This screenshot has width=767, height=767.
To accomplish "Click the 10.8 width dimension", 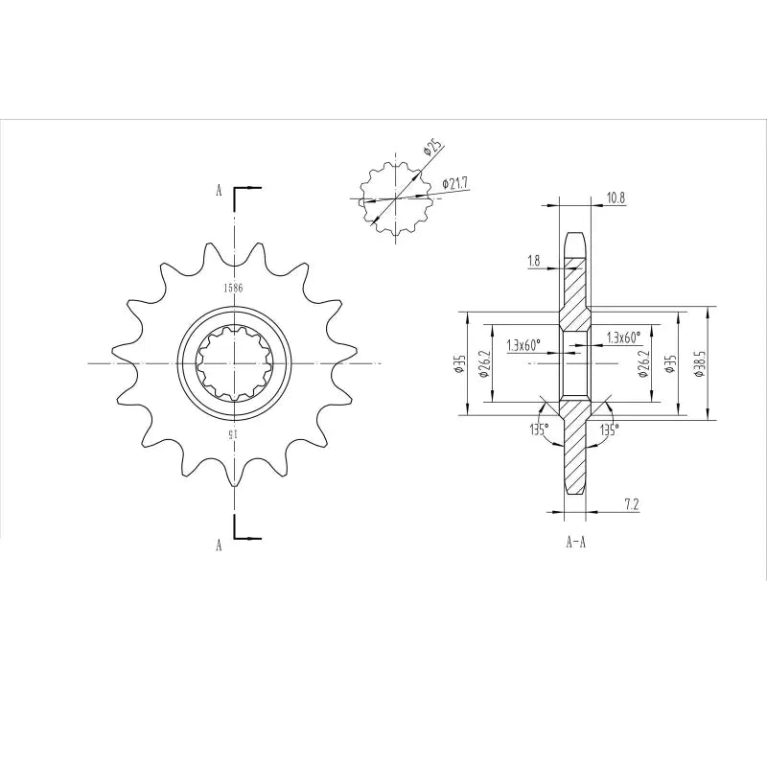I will coord(616,198).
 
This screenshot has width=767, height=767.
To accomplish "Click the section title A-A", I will coord(576,543).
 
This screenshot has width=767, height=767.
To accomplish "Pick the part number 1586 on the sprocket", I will coord(232,288).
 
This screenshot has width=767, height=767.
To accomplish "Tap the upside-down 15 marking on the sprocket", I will coord(232,434).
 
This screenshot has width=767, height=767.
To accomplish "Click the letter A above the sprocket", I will coord(219,191).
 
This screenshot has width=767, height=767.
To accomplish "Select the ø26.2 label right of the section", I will coord(641,363).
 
